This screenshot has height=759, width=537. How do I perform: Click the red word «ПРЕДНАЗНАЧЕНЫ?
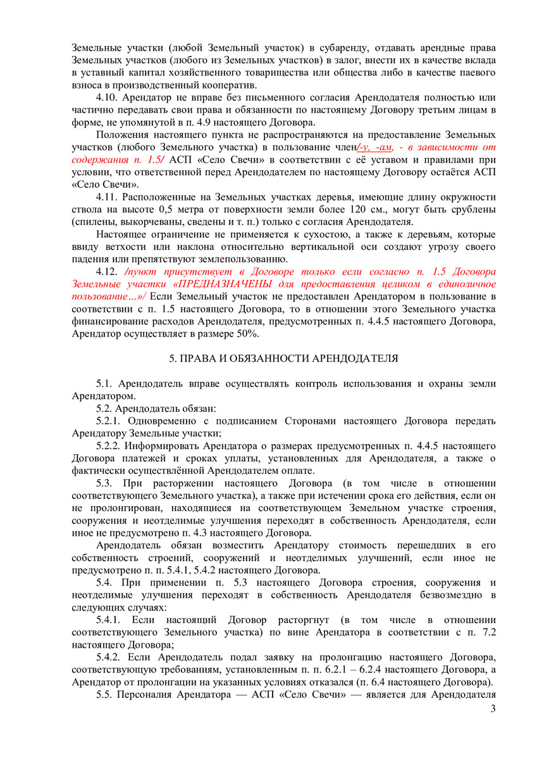click(222, 285)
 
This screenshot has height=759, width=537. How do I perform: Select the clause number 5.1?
click(105, 383)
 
